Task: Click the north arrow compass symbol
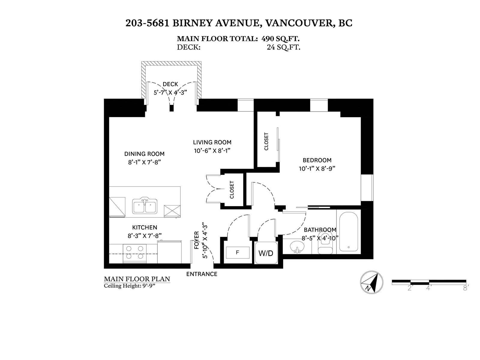371,282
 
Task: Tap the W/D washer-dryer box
266,253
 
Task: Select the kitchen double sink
145,205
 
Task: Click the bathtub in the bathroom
349,232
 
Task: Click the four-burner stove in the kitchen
135,253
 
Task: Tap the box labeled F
238,253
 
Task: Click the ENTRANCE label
202,274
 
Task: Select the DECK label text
170,84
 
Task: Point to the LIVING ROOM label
212,142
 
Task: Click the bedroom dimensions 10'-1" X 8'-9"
317,169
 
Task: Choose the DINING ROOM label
144,154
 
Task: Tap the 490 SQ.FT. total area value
280,39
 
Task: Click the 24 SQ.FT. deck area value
283,47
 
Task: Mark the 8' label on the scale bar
466,288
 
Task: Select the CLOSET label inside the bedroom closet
266,141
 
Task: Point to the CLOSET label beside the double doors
232,190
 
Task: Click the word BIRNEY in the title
192,23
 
